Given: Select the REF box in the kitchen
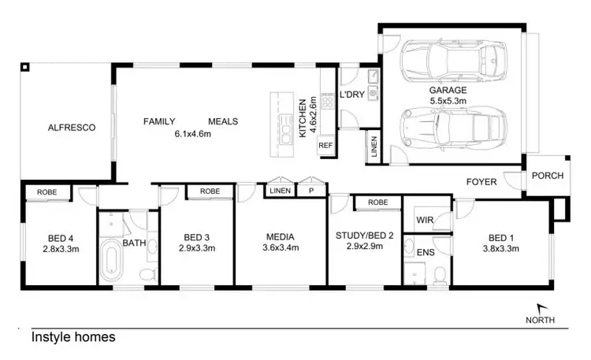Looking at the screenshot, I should pyautogui.click(x=325, y=146).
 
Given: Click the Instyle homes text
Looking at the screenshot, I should pyautogui.click(x=73, y=337).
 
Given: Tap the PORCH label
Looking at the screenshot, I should pyautogui.click(x=548, y=176).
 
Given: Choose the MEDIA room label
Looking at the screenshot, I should pyautogui.click(x=280, y=236).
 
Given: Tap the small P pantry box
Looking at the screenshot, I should pyautogui.click(x=311, y=191).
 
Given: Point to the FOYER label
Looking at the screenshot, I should pyautogui.click(x=481, y=182).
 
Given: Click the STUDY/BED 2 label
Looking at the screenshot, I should pyautogui.click(x=364, y=236).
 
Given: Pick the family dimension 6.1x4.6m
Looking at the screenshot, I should pyautogui.click(x=193, y=133).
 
